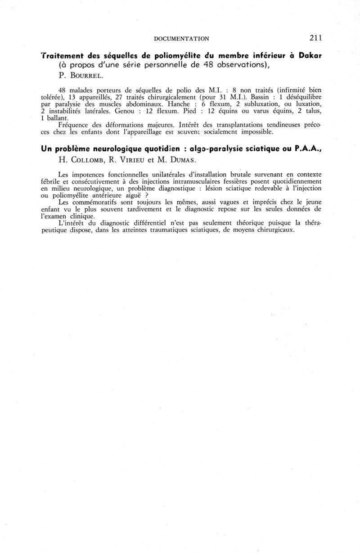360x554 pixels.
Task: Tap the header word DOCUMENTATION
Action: point(181,39)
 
